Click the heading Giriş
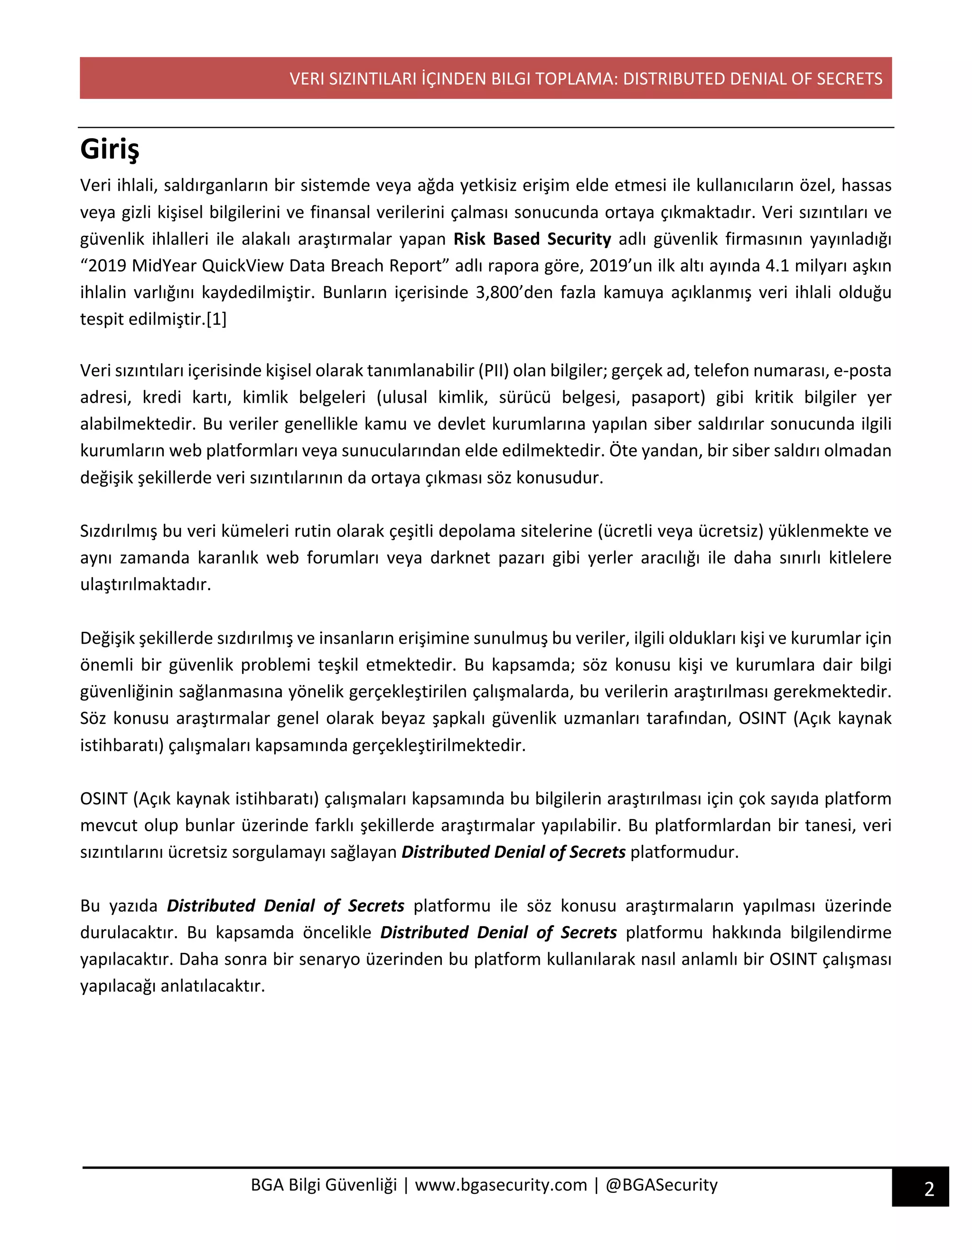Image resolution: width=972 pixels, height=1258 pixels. point(110,150)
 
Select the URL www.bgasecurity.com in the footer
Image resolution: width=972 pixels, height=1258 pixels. point(501,1185)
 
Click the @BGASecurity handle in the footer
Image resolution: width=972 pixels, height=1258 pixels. point(662,1185)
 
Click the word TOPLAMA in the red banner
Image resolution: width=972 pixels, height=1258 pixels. point(576,79)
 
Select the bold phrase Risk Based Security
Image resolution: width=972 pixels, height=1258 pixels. point(532,239)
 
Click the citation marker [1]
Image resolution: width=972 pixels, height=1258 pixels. point(216,319)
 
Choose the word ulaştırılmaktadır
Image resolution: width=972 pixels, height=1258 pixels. point(146,585)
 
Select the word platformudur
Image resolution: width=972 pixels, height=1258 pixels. point(684,852)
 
